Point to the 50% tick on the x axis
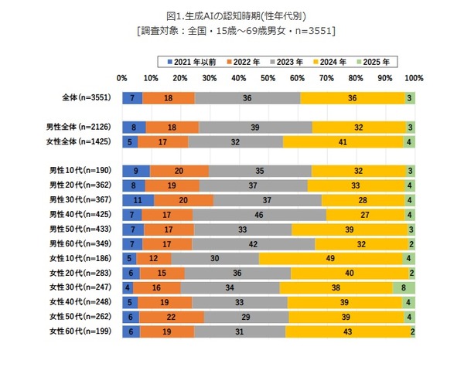tap(268, 78)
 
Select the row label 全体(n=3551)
tap(87, 98)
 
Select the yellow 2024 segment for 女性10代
tap(331, 258)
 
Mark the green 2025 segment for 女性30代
tap(404, 287)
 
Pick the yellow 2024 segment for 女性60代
tap(347, 331)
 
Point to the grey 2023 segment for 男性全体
tap(255, 127)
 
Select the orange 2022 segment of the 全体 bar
tap(169, 98)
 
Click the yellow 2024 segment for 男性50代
tap(349, 229)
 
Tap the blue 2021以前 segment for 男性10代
tap(135, 170)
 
